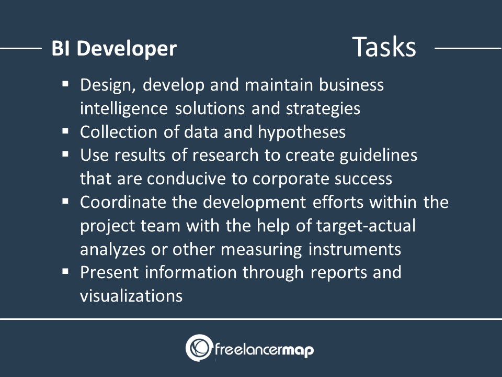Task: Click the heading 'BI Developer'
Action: click(114, 48)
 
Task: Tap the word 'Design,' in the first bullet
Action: click(108, 85)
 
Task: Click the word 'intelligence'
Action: click(123, 109)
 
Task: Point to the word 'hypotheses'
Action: click(302, 132)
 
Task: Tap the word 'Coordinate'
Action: click(123, 202)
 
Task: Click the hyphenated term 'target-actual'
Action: click(366, 226)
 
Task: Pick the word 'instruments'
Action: click(355, 249)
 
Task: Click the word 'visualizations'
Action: click(131, 295)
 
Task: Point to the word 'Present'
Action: click(109, 272)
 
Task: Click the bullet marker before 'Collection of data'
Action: click(66, 131)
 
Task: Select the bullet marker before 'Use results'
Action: click(66, 154)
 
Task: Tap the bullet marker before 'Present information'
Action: click(66, 272)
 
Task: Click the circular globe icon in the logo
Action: click(199, 348)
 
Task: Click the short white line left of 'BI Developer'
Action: click(21, 49)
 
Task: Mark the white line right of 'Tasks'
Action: click(468, 49)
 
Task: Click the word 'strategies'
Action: click(323, 109)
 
